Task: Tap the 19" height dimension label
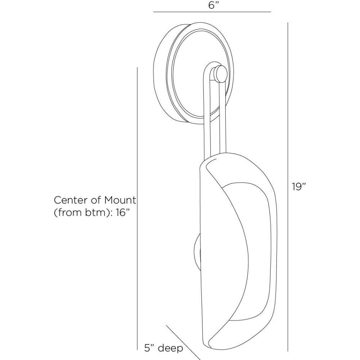299,186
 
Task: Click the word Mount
120,200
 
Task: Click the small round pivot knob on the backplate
220,73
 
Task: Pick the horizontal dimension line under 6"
212,12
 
